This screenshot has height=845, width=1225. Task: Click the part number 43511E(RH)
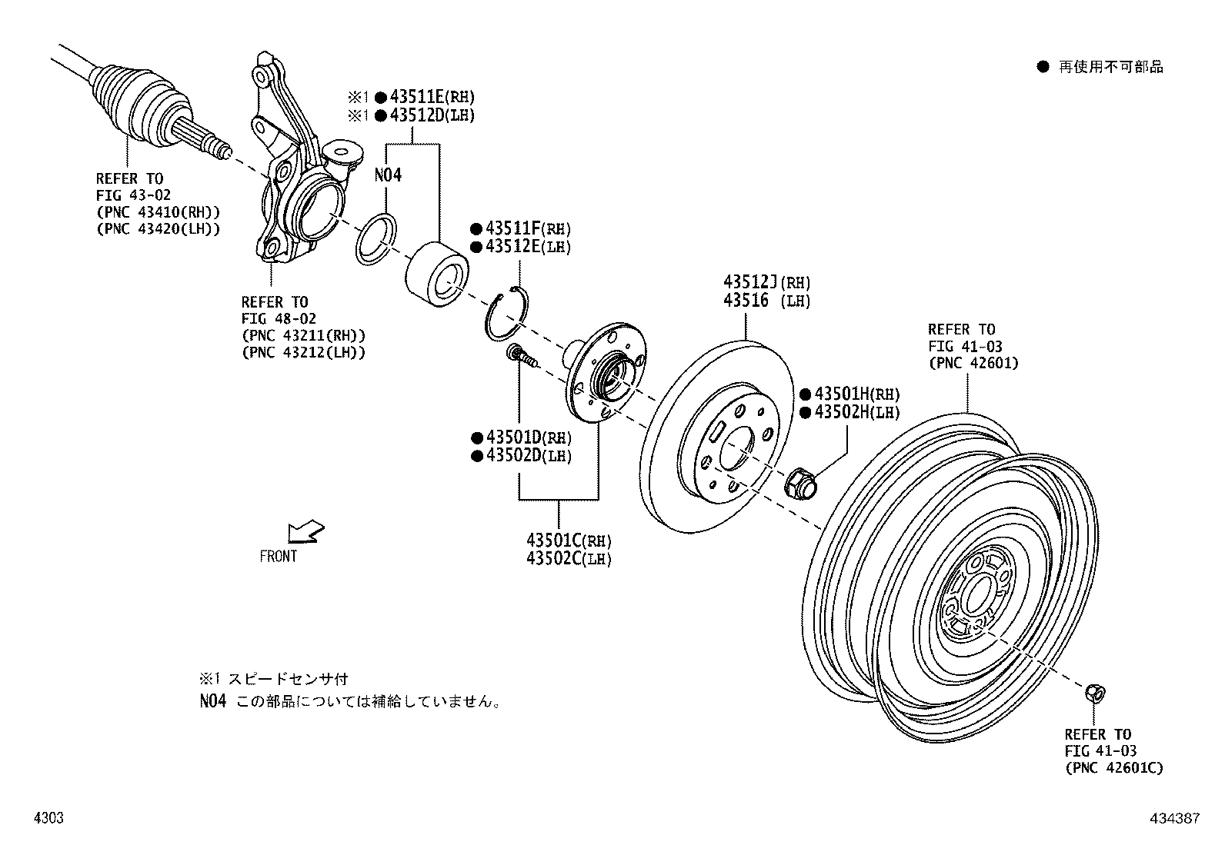(431, 97)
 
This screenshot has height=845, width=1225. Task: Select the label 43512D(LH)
(431, 115)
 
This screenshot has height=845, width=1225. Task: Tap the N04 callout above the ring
(388, 175)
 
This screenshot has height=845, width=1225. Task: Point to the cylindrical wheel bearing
(436, 270)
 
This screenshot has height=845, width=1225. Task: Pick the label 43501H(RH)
(856, 394)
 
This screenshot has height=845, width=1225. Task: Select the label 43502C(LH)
(569, 558)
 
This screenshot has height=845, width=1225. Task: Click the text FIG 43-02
(134, 195)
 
